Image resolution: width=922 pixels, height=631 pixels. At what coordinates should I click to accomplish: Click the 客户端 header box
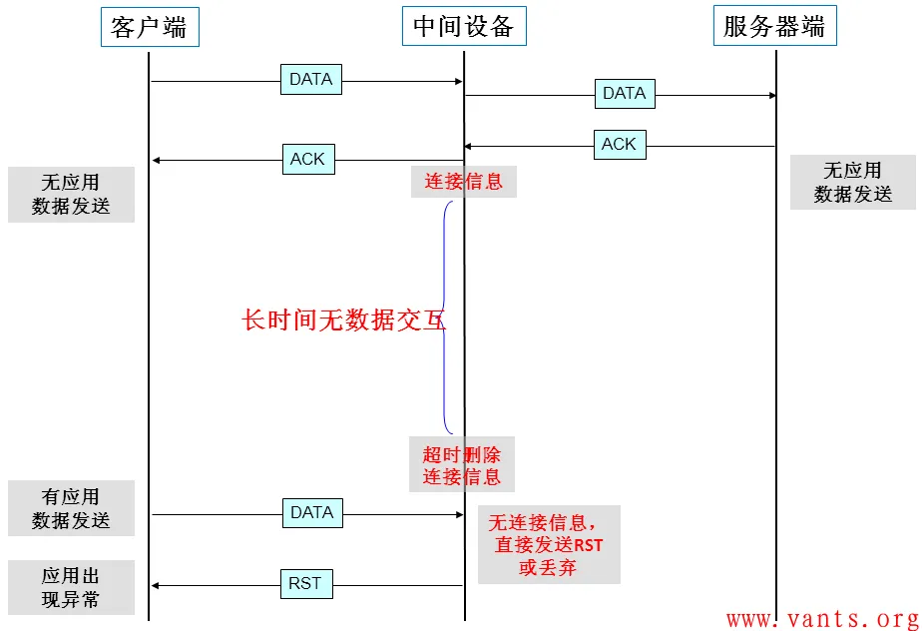[150, 27]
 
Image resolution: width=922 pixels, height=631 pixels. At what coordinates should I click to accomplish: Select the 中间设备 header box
[464, 26]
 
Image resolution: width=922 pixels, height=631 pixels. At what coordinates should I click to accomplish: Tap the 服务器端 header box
[775, 26]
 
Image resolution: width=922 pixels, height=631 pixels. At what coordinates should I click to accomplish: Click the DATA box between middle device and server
[625, 94]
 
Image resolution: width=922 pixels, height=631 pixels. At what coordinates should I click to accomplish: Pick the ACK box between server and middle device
[620, 145]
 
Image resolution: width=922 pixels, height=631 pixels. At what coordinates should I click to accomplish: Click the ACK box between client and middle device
[308, 159]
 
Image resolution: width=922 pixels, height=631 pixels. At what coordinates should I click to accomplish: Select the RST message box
[306, 584]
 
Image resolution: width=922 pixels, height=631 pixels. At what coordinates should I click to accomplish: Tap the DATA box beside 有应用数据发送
[312, 513]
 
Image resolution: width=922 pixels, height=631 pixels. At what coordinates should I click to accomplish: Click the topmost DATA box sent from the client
[311, 80]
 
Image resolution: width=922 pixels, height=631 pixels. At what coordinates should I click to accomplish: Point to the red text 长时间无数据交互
[343, 320]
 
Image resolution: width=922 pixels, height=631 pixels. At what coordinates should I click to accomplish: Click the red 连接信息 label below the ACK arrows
[463, 182]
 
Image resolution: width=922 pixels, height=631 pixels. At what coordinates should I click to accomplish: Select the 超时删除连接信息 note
[462, 464]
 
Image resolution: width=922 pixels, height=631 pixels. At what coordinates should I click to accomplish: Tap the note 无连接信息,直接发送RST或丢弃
[549, 544]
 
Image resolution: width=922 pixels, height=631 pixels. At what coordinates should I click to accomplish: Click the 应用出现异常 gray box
[71, 587]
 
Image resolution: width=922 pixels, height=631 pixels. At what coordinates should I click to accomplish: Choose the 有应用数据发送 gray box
[71, 508]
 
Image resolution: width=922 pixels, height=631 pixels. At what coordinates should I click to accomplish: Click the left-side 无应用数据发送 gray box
[71, 195]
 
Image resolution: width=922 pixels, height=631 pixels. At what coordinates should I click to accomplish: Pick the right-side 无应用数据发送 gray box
[852, 182]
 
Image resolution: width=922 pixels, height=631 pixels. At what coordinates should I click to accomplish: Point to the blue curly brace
[446, 317]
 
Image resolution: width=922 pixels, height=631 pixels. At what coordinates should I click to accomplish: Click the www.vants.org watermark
[823, 619]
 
